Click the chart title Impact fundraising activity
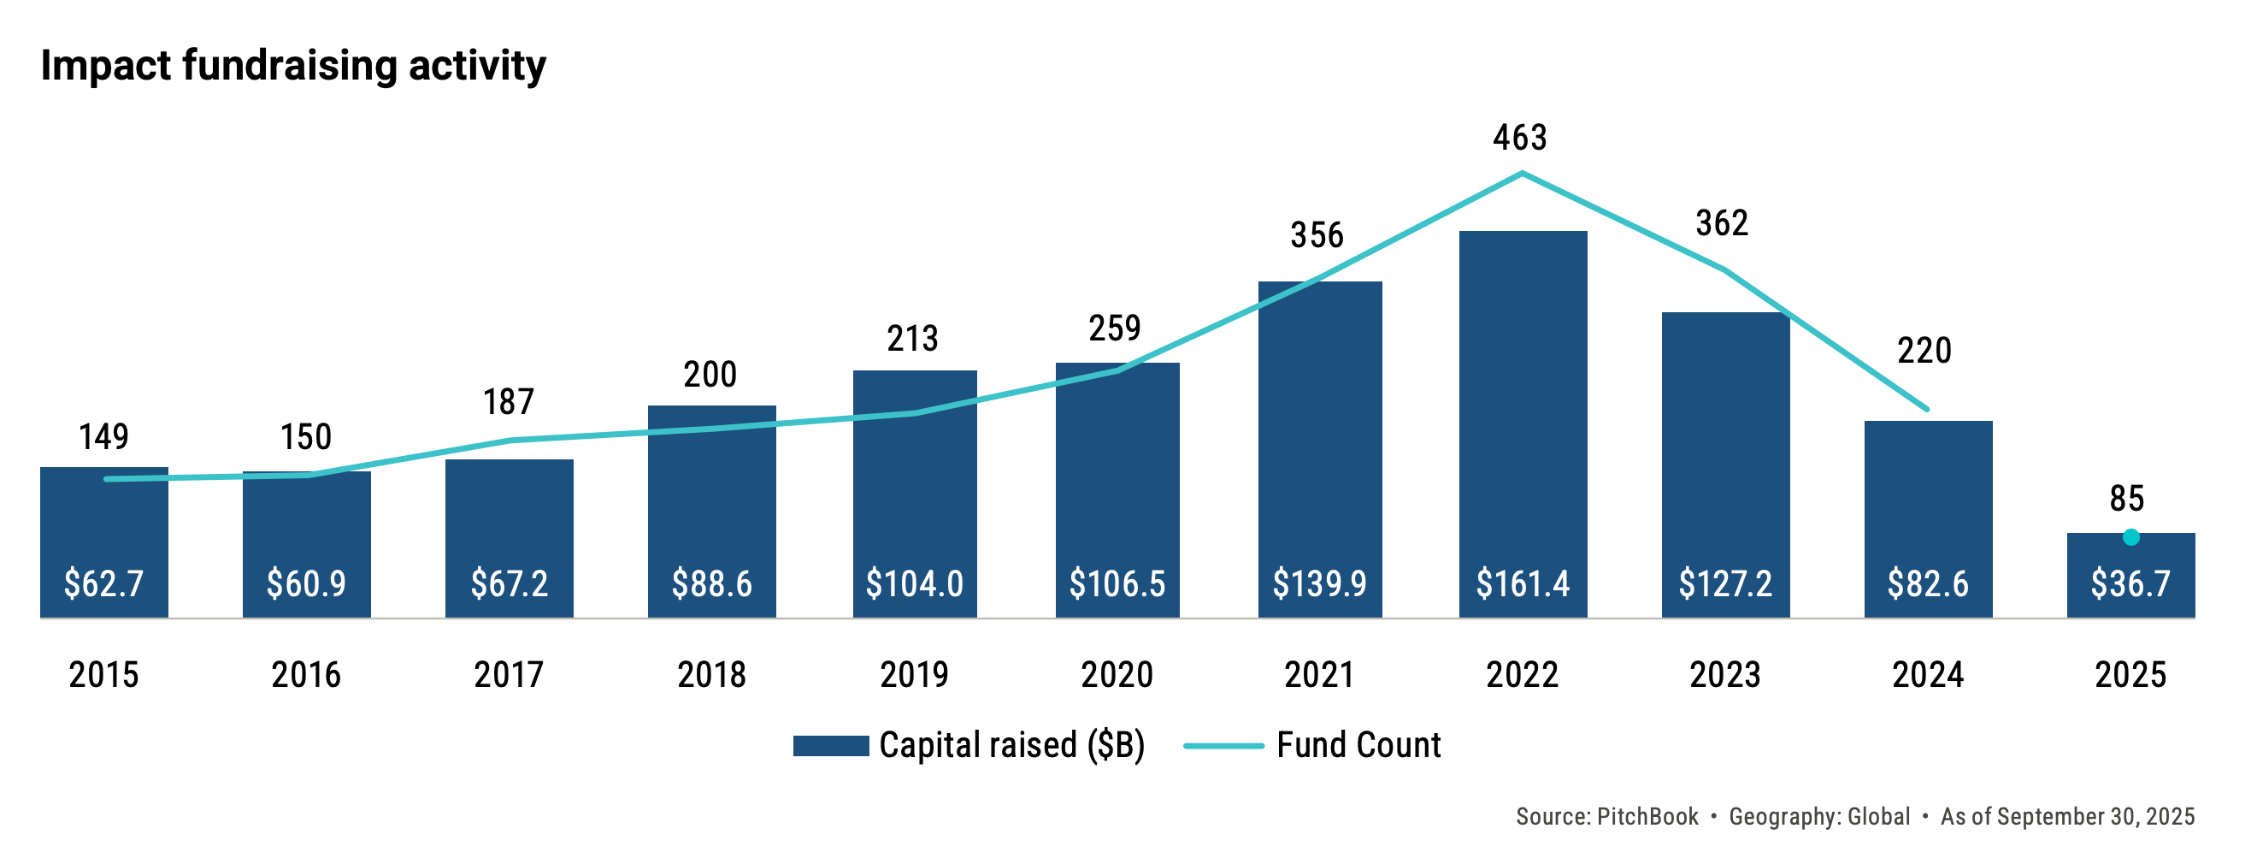pyautogui.click(x=292, y=66)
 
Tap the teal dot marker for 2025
pyautogui.click(x=2130, y=537)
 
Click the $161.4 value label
pyautogui.click(x=1523, y=583)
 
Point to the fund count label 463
pyautogui.click(x=1520, y=138)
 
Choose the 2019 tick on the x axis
pyautogui.click(x=914, y=675)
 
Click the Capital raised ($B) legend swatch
pyautogui.click(x=830, y=746)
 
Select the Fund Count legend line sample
pyautogui.click(x=1223, y=746)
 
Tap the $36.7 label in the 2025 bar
pyautogui.click(x=2130, y=583)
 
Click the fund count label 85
pyautogui.click(x=2126, y=499)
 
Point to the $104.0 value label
pyautogui.click(x=914, y=583)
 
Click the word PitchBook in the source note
pyautogui.click(x=1647, y=817)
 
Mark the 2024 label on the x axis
pyautogui.click(x=1928, y=675)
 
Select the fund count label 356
pyautogui.click(x=1316, y=235)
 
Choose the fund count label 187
pyautogui.click(x=508, y=402)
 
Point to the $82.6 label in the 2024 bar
pyautogui.click(x=1928, y=583)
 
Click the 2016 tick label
pyautogui.click(x=306, y=675)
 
